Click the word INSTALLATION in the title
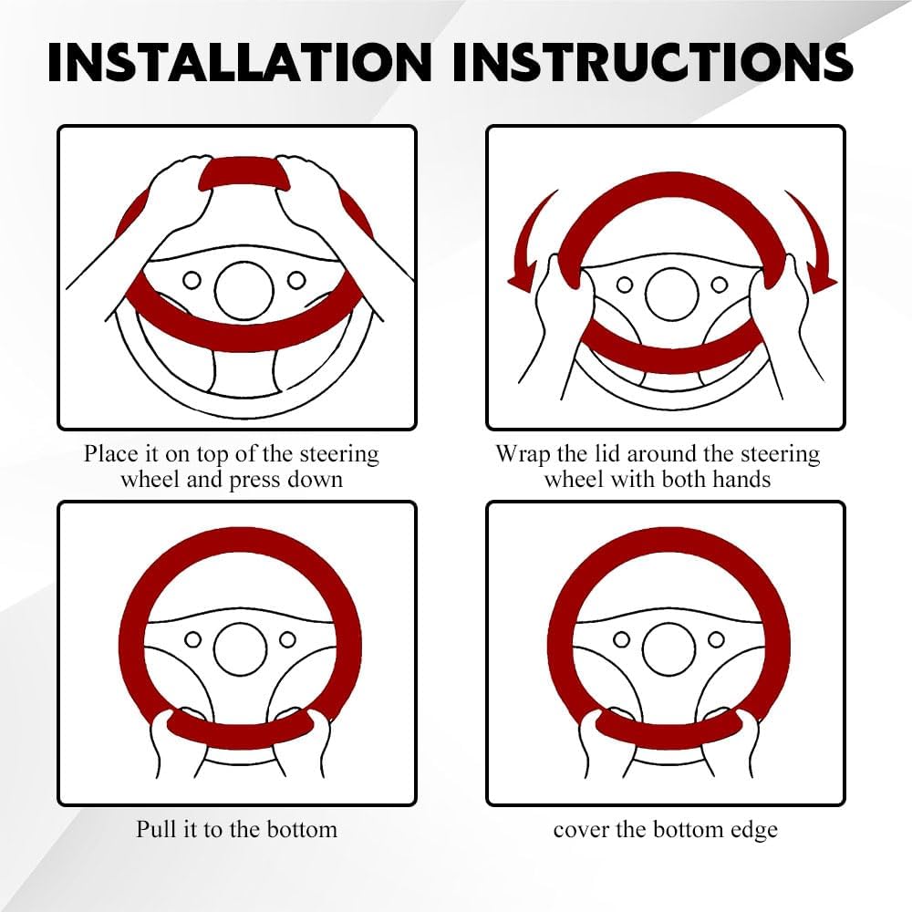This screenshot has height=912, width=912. pyautogui.click(x=239, y=62)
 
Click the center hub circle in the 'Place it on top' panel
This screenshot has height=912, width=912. pyautogui.click(x=244, y=290)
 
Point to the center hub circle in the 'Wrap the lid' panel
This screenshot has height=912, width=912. pyautogui.click(x=672, y=295)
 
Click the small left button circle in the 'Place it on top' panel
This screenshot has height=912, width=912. pyautogui.click(x=192, y=280)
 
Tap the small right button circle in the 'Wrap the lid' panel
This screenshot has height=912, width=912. pyautogui.click(x=720, y=285)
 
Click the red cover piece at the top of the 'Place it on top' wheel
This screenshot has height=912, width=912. pyautogui.click(x=244, y=171)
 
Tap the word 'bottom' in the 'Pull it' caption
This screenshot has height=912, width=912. pyautogui.click(x=303, y=829)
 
